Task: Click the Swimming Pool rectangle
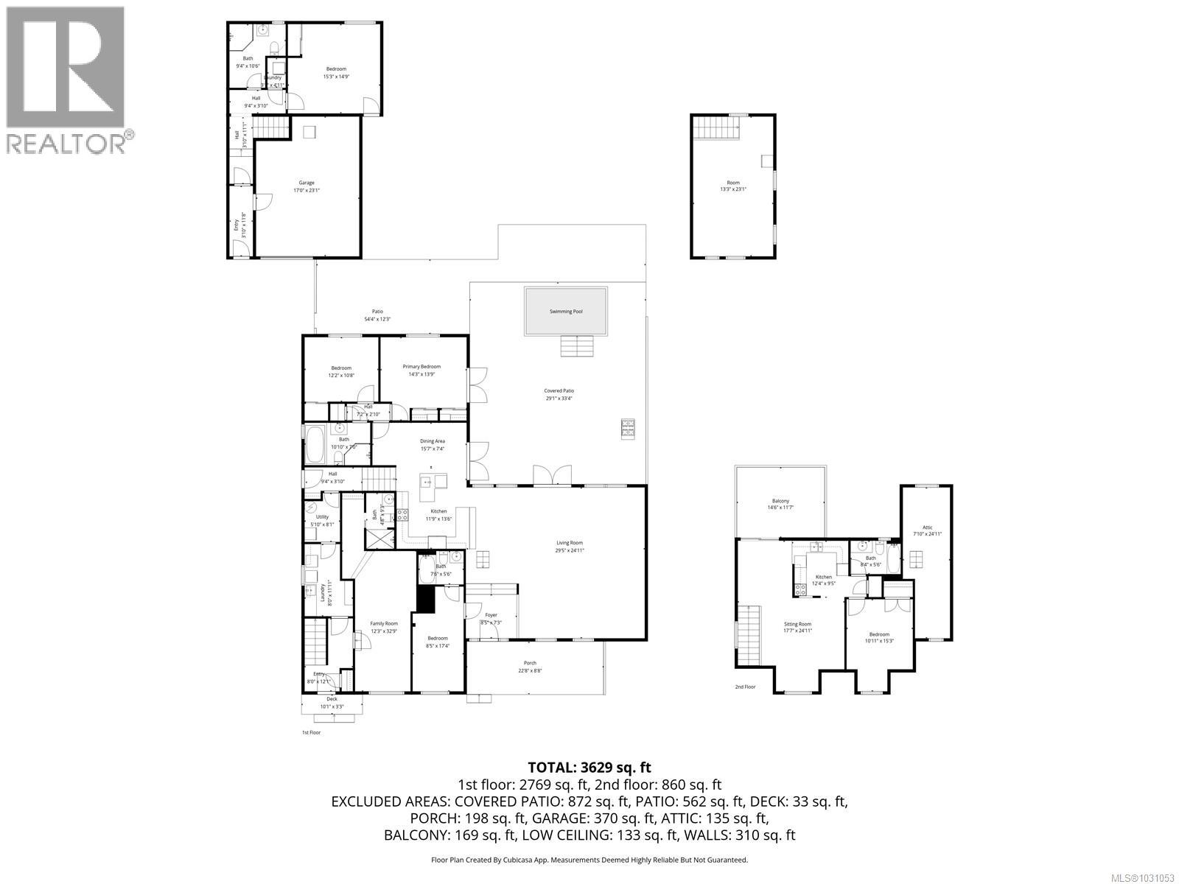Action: click(x=566, y=312)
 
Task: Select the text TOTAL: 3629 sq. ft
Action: click(x=589, y=768)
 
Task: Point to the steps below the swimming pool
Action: click(x=577, y=345)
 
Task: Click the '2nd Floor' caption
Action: click(x=745, y=687)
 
